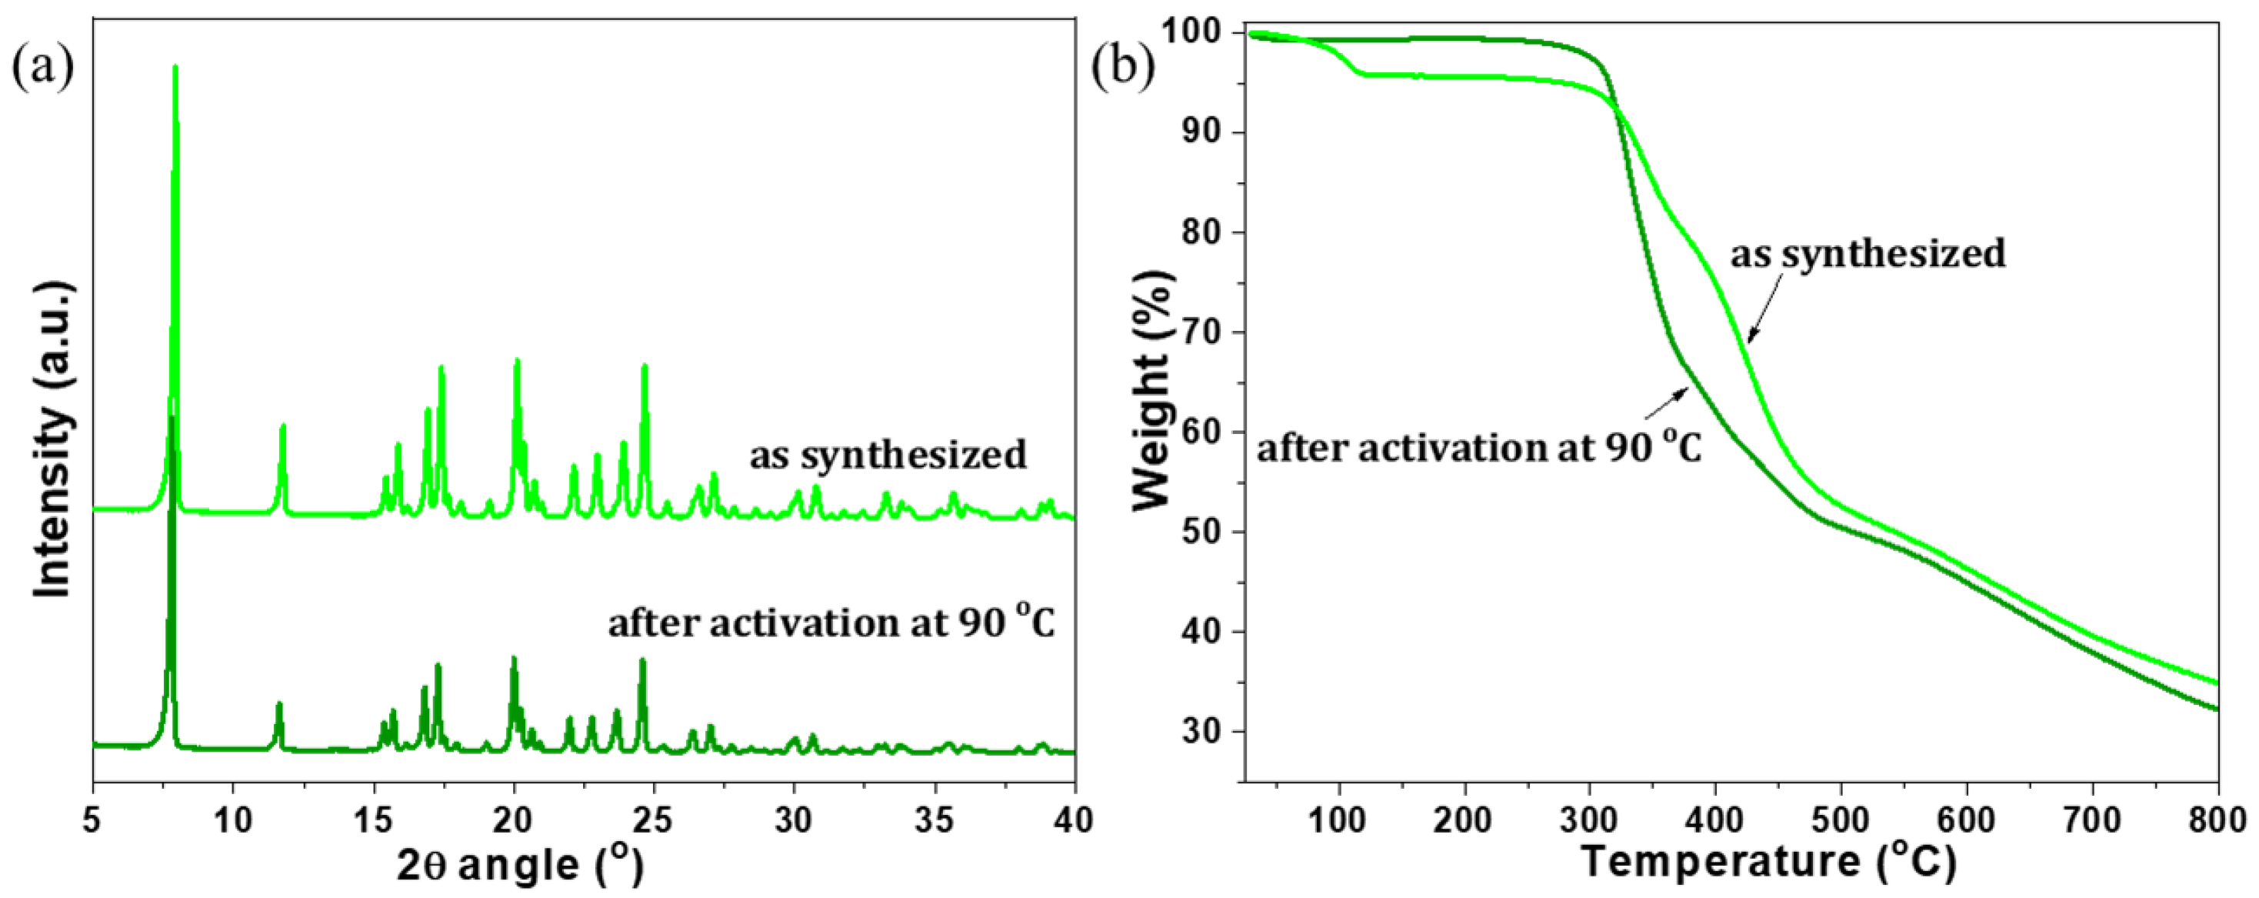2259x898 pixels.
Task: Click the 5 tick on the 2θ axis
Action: [x=93, y=821]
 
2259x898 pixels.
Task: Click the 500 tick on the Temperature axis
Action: [x=1841, y=821]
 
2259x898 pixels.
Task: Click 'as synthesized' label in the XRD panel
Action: [x=888, y=455]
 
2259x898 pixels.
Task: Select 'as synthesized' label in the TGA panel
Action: [x=1868, y=253]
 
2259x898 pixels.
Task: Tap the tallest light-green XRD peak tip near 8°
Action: [x=175, y=68]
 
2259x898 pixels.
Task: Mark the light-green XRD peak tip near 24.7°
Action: [x=645, y=366]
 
